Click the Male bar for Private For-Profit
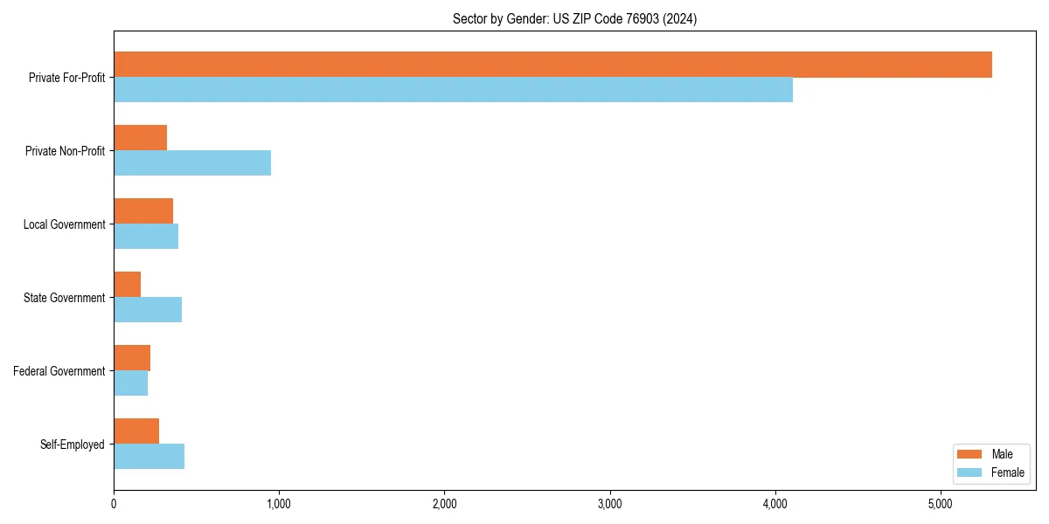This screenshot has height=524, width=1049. [x=552, y=65]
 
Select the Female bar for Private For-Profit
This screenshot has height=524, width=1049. [x=453, y=90]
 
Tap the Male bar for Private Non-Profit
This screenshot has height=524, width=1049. [x=140, y=138]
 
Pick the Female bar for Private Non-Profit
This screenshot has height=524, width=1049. [x=192, y=163]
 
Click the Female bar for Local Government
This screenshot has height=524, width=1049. [x=146, y=237]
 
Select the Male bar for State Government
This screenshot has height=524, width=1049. [x=127, y=285]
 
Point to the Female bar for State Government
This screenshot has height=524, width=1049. [x=148, y=310]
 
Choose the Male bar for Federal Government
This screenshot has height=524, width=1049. [x=132, y=358]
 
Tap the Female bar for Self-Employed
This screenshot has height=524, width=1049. [x=149, y=457]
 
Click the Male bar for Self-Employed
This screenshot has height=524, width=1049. [x=136, y=431]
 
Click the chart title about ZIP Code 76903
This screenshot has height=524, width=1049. [x=574, y=18]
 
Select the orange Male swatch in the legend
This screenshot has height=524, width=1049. [x=970, y=454]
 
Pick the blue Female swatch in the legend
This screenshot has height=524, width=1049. [x=970, y=472]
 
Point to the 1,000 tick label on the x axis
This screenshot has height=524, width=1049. [x=279, y=504]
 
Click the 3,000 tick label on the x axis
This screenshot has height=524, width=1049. [x=609, y=504]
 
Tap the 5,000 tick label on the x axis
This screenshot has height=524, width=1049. [x=940, y=504]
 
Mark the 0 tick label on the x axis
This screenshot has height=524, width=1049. [x=114, y=504]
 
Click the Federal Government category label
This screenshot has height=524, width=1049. [x=59, y=371]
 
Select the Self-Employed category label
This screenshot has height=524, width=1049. [x=73, y=445]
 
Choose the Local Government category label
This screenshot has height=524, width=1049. [x=64, y=224]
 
